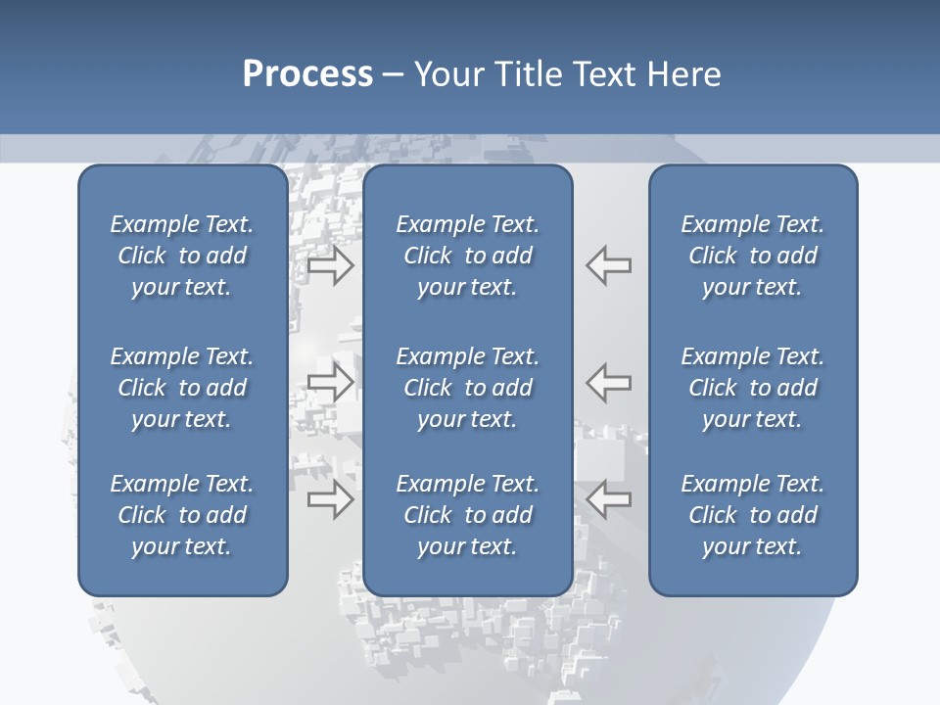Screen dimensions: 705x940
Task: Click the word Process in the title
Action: click(x=307, y=74)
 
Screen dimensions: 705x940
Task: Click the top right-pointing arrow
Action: click(x=330, y=264)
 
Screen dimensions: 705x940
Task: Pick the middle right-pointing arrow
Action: click(x=330, y=382)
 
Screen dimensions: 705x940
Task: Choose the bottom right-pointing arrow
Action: click(x=330, y=499)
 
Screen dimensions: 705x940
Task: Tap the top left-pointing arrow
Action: click(x=609, y=264)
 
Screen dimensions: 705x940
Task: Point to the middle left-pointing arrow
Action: click(x=609, y=382)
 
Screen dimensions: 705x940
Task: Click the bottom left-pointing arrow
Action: click(x=609, y=499)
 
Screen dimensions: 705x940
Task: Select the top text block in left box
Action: click(x=182, y=256)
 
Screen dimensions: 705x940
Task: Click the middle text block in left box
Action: click(x=182, y=388)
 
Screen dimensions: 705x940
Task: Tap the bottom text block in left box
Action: click(x=182, y=515)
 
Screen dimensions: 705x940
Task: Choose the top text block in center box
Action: click(x=467, y=256)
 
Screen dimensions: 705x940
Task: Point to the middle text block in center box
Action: click(x=467, y=388)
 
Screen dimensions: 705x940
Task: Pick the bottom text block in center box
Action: click(x=467, y=515)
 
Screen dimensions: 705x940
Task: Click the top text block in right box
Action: click(x=752, y=256)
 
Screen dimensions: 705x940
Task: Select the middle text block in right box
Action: click(x=752, y=388)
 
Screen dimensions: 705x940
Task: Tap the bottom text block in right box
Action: click(x=752, y=515)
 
